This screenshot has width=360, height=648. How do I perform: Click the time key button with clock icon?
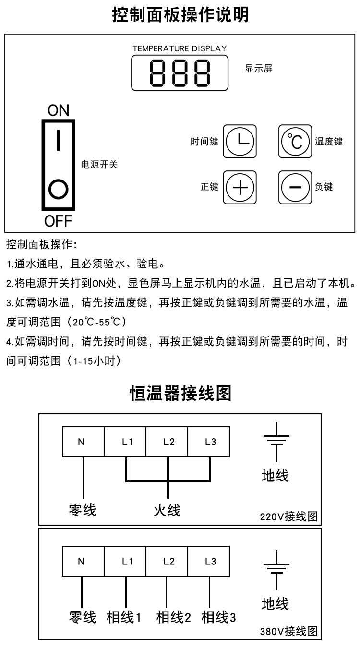point(240,142)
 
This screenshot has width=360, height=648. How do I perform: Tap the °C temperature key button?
point(295,142)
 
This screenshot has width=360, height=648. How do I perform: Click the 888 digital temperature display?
point(180,72)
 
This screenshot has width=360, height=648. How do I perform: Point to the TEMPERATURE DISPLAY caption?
point(180,48)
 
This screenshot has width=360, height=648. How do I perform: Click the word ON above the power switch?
point(59,110)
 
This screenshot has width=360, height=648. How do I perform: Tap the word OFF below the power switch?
point(58,221)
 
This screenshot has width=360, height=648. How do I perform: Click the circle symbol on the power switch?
point(58,189)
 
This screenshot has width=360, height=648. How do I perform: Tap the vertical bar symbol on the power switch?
point(58,140)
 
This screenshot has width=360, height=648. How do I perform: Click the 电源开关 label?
point(99,165)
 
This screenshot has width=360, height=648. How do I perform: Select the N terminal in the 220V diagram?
point(83,442)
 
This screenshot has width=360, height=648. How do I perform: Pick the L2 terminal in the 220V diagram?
point(168,442)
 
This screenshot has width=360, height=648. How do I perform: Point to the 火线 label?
point(167,509)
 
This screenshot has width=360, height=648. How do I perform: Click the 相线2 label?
point(173,617)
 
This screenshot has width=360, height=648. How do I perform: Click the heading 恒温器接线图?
point(180,394)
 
